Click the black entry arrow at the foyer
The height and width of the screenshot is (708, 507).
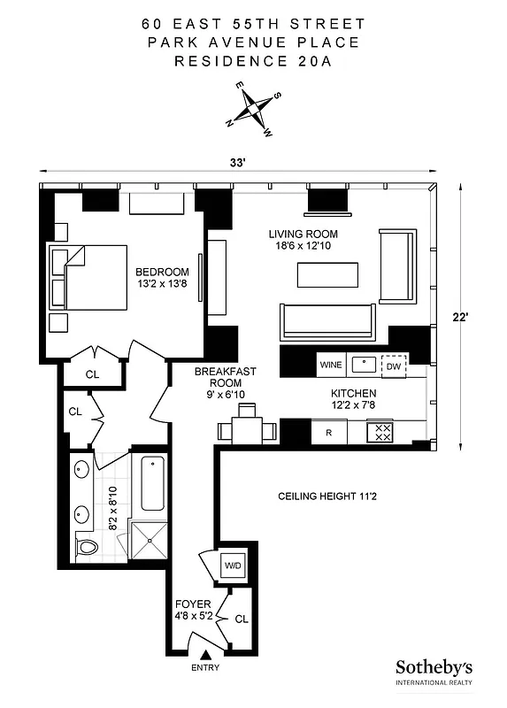point(206,654)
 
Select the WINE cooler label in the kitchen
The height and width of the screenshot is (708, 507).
point(331,364)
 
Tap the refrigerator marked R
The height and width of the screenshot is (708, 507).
point(329,433)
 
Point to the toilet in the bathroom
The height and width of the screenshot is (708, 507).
point(86,548)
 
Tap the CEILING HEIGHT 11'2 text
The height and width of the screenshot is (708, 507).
point(326,496)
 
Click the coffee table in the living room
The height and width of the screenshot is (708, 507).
point(326,275)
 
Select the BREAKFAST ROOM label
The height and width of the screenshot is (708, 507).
point(214,379)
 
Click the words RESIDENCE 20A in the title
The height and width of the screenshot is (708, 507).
point(253,61)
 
